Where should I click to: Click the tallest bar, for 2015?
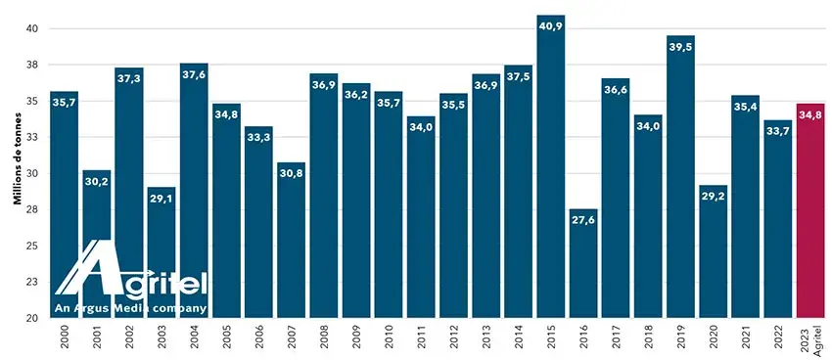(x=550, y=166)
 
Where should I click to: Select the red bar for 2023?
(x=810, y=210)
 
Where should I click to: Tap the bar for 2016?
(x=583, y=263)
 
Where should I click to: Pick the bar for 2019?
(x=680, y=176)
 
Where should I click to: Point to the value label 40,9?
(x=550, y=26)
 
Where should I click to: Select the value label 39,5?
(x=680, y=47)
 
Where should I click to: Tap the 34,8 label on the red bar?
(x=810, y=115)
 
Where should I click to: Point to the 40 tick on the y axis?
(x=31, y=28)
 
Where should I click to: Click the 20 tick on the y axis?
(x=31, y=318)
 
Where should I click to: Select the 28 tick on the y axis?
(x=31, y=209)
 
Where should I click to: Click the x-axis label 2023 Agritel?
(x=810, y=339)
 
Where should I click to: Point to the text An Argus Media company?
(x=130, y=307)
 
